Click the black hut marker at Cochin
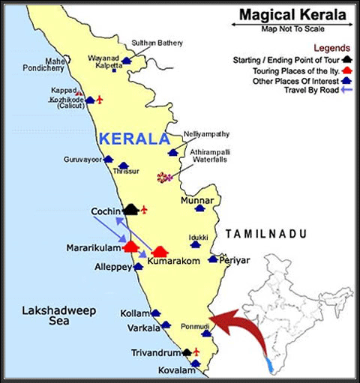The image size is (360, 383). [x=131, y=209]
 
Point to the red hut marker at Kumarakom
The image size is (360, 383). [x=160, y=252]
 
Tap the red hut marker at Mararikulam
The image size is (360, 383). [x=130, y=245]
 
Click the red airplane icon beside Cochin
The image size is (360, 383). [x=145, y=209]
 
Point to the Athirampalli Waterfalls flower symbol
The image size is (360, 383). [x=164, y=178]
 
